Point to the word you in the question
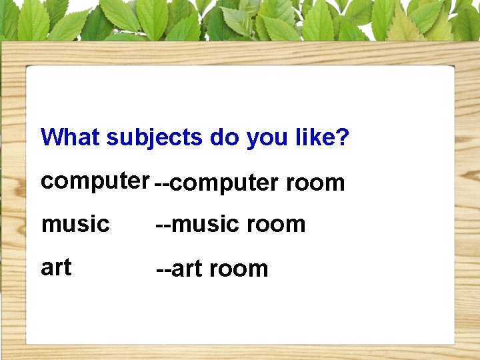click(x=267, y=139)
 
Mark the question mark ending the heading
click(x=343, y=137)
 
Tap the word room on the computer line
click(x=315, y=183)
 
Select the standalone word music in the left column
click(x=75, y=224)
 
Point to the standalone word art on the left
click(x=56, y=267)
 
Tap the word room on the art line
click(x=239, y=269)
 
